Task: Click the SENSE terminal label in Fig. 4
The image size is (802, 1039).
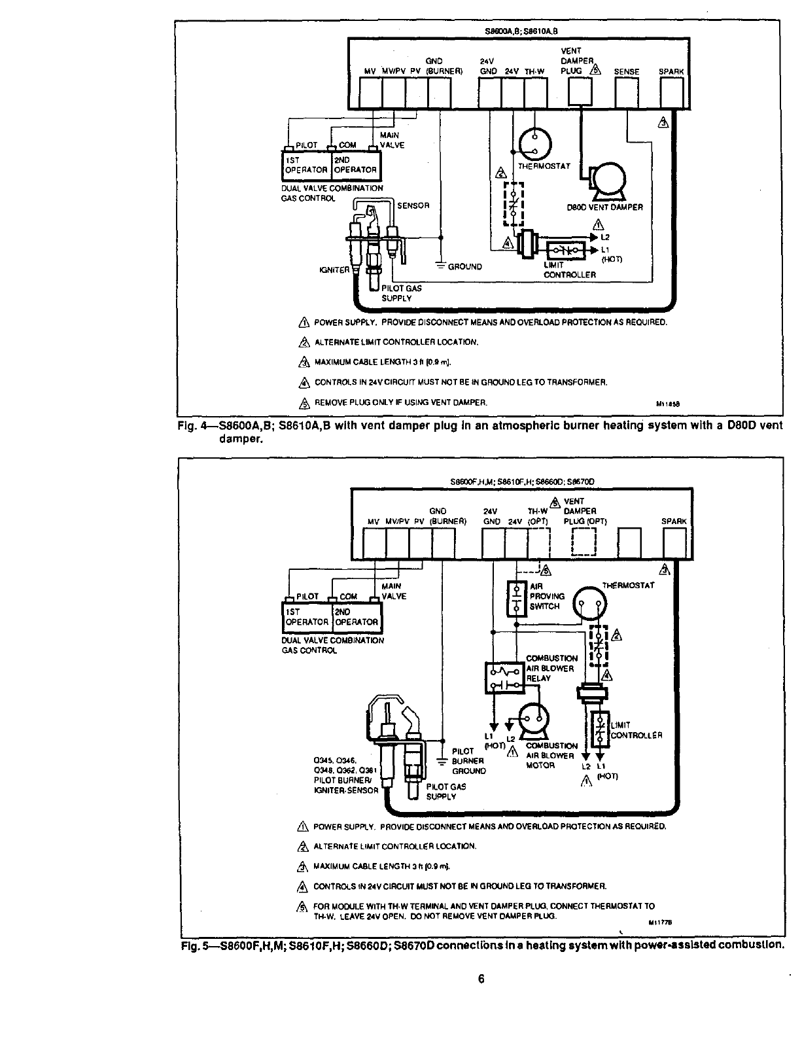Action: (x=626, y=72)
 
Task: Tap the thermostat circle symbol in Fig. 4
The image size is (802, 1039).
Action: (x=535, y=143)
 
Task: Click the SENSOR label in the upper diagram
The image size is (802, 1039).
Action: (x=413, y=205)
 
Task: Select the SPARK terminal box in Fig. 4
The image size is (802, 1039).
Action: (x=672, y=94)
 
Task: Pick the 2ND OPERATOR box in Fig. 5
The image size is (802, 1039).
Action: (x=356, y=618)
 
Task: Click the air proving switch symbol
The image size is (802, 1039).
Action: (x=517, y=597)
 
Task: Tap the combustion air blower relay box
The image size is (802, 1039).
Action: (x=504, y=677)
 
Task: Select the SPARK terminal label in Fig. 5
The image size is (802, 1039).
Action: (x=674, y=521)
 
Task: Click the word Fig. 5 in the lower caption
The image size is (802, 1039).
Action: (x=194, y=945)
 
